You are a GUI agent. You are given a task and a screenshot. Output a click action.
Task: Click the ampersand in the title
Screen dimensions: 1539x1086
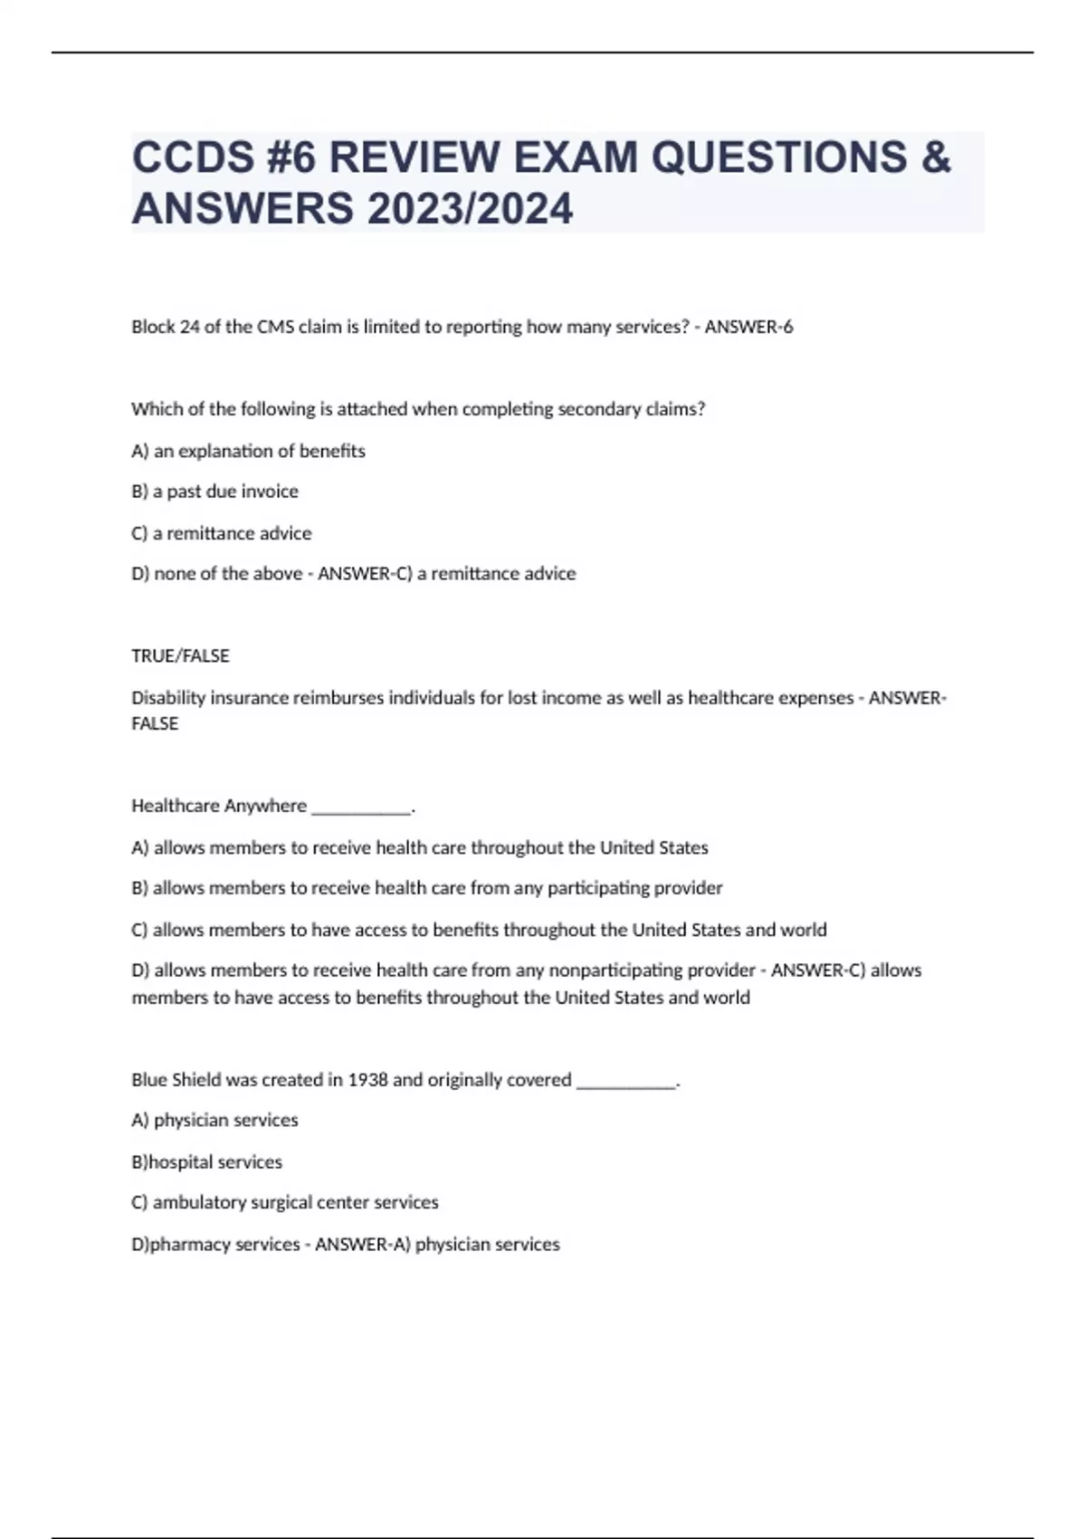coord(937,158)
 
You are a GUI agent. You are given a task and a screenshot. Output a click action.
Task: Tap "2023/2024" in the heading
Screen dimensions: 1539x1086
coord(470,208)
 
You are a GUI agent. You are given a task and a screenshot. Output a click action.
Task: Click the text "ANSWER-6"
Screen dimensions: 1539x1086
coord(748,327)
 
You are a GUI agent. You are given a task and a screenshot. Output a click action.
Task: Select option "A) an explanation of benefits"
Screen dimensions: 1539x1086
coord(248,451)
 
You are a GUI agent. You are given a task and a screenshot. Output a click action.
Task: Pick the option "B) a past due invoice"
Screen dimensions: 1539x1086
coord(214,492)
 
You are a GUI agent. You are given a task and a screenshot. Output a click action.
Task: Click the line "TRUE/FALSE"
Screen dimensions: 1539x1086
coord(180,655)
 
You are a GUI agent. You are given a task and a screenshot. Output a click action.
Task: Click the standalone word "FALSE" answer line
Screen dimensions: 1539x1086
coord(155,724)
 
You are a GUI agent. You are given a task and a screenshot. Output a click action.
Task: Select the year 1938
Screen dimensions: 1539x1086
coord(367,1080)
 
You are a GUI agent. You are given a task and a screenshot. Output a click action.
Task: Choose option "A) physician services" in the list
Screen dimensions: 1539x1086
coord(214,1121)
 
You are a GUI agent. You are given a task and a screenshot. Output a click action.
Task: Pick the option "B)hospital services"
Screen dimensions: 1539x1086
coord(206,1162)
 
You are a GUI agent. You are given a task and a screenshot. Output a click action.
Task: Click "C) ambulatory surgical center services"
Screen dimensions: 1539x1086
coord(284,1203)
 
